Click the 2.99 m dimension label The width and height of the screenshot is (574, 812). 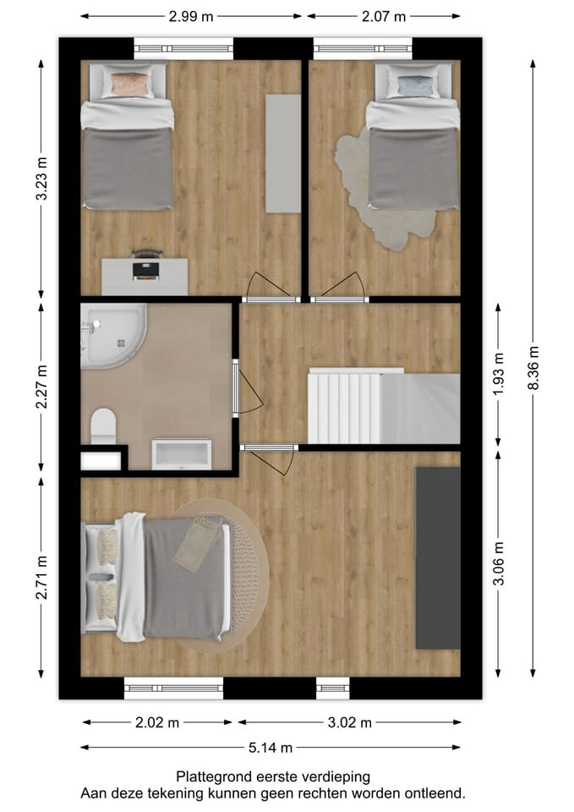coord(190,16)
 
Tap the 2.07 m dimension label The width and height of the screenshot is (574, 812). coord(383,16)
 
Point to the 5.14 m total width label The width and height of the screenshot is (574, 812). coord(271,747)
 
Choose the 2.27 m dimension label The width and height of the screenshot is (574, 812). coord(41,387)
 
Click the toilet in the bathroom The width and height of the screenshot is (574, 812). coord(103,424)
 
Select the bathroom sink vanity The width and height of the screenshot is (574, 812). coord(181,453)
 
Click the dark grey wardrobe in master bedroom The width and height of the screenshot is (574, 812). coord(437,558)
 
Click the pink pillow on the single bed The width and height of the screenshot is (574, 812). coord(129,84)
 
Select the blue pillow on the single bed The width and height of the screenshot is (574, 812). coord(413,84)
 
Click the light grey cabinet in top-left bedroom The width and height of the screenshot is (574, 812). coord(283,153)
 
